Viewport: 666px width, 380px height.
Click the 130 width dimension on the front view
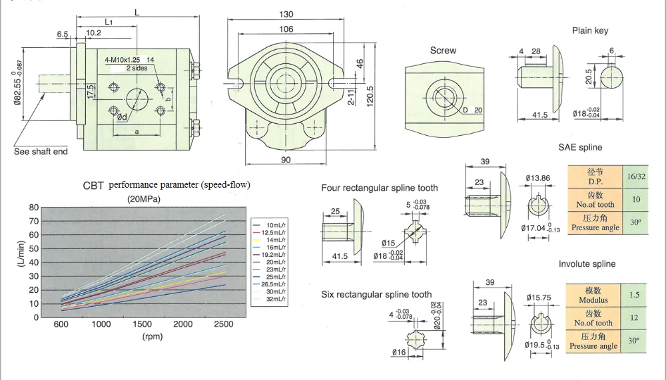click(x=286, y=14)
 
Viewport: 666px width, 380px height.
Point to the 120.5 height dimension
click(x=370, y=96)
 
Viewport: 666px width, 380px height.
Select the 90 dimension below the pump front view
click(x=286, y=160)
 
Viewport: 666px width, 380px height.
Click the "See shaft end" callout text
click(x=41, y=152)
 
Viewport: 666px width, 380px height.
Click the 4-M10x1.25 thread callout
click(x=123, y=60)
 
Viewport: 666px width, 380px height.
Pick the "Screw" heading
click(x=443, y=51)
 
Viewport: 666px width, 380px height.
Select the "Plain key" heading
click(x=590, y=31)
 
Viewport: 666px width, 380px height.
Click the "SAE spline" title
click(x=580, y=147)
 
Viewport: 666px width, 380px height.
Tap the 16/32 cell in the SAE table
click(x=636, y=176)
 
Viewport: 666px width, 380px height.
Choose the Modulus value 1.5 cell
click(x=634, y=295)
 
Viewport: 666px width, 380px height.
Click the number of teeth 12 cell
click(x=634, y=317)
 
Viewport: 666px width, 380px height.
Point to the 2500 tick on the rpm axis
click(x=223, y=324)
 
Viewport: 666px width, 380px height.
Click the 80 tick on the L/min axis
click(x=34, y=208)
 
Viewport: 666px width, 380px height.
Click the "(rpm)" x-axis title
click(x=153, y=337)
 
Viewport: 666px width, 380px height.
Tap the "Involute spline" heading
click(x=587, y=264)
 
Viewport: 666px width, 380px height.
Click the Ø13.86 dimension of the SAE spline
click(x=537, y=178)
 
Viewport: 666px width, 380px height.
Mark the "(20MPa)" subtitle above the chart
click(x=144, y=199)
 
